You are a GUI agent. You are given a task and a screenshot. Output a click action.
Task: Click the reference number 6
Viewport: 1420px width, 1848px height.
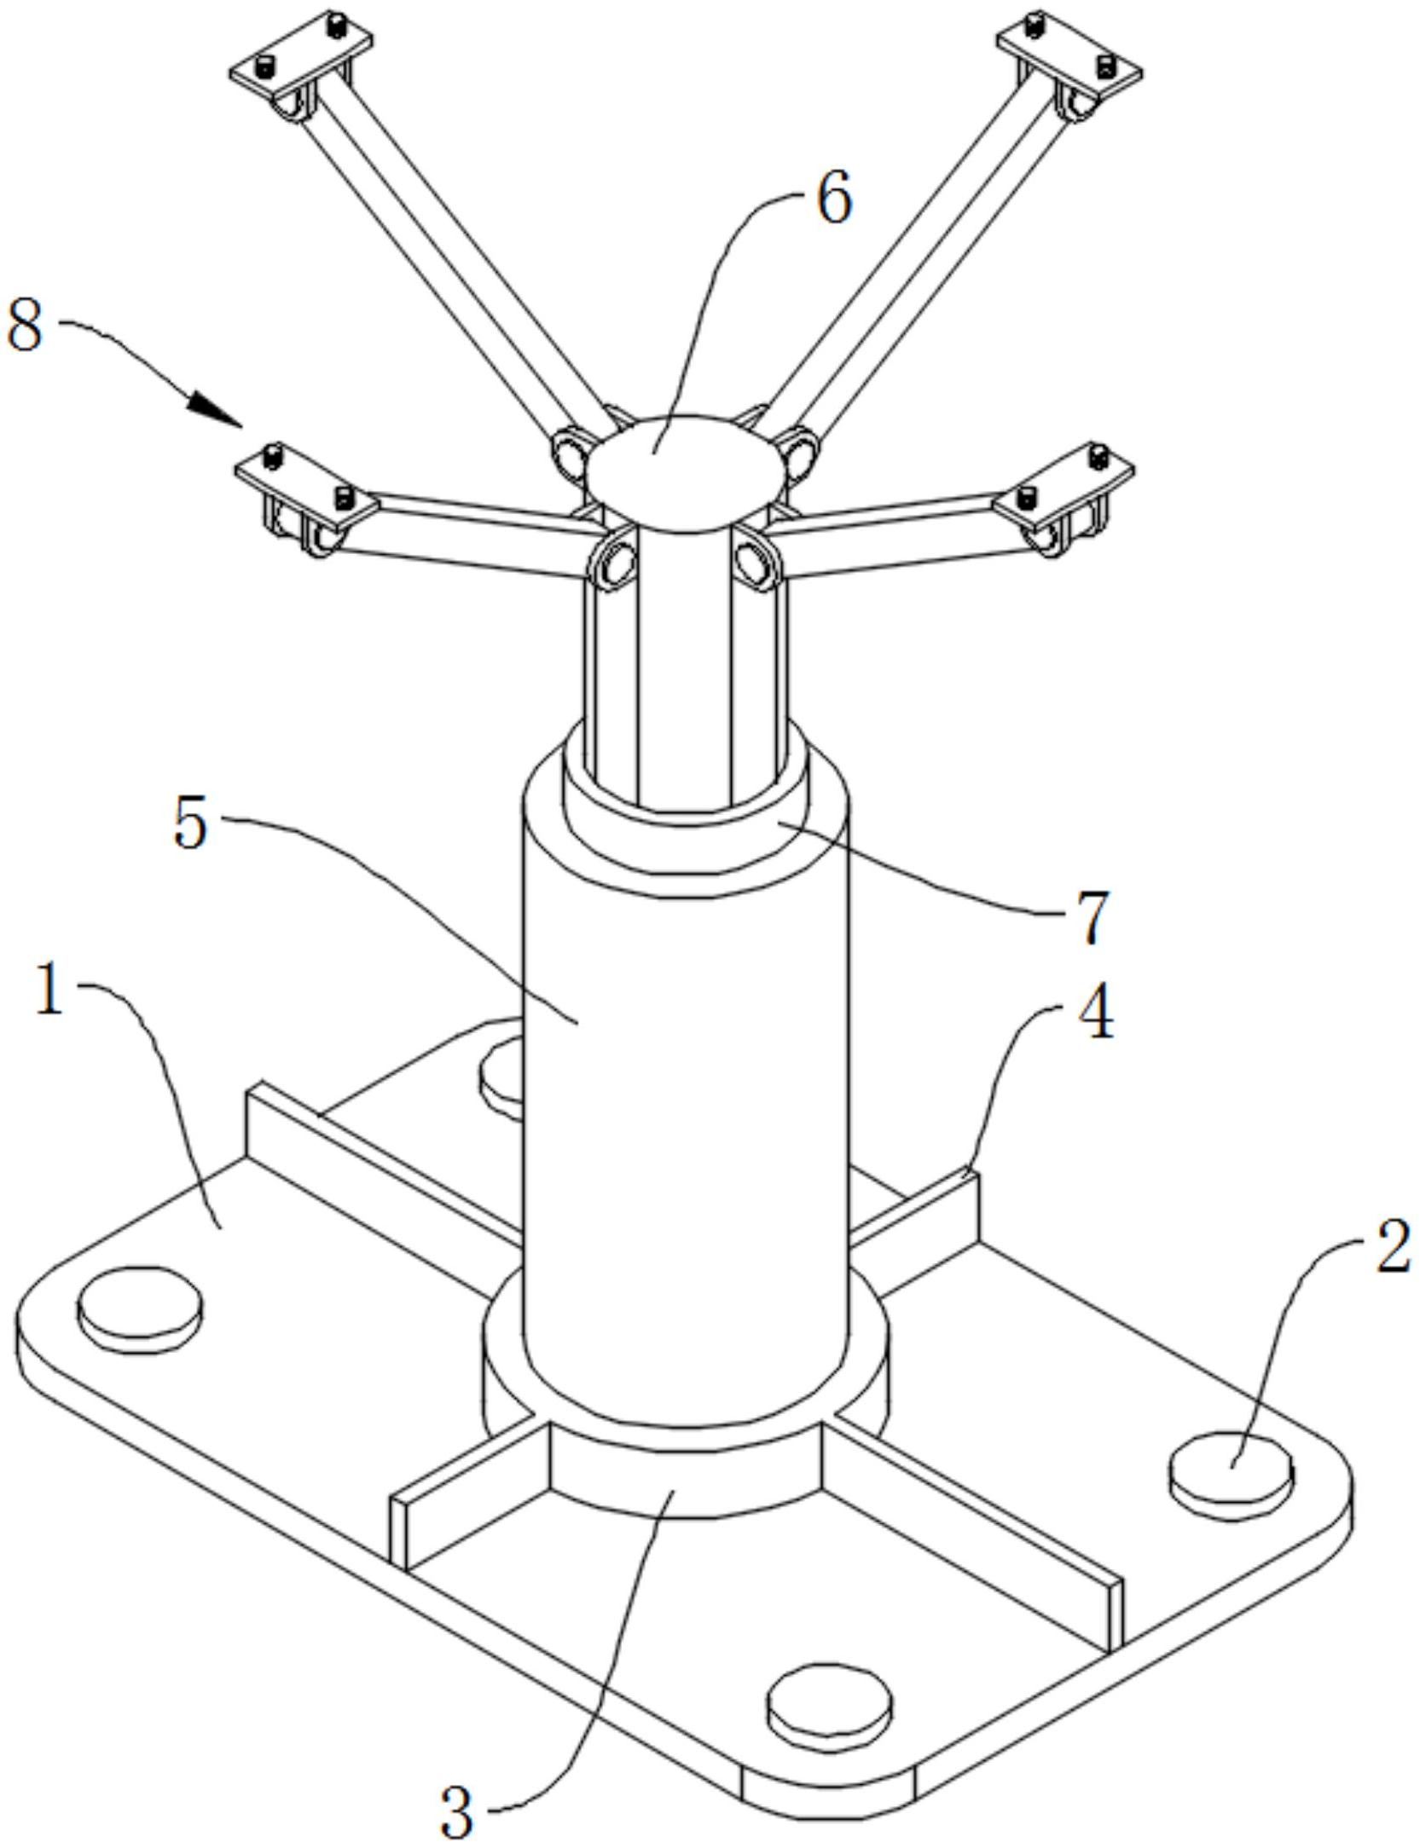[834, 198]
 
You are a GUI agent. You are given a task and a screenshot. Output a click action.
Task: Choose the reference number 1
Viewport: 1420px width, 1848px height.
[50, 990]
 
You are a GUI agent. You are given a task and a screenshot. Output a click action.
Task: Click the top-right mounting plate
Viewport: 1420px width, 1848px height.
[1069, 56]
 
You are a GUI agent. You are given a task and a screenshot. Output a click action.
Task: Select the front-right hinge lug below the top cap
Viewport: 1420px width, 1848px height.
[759, 558]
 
